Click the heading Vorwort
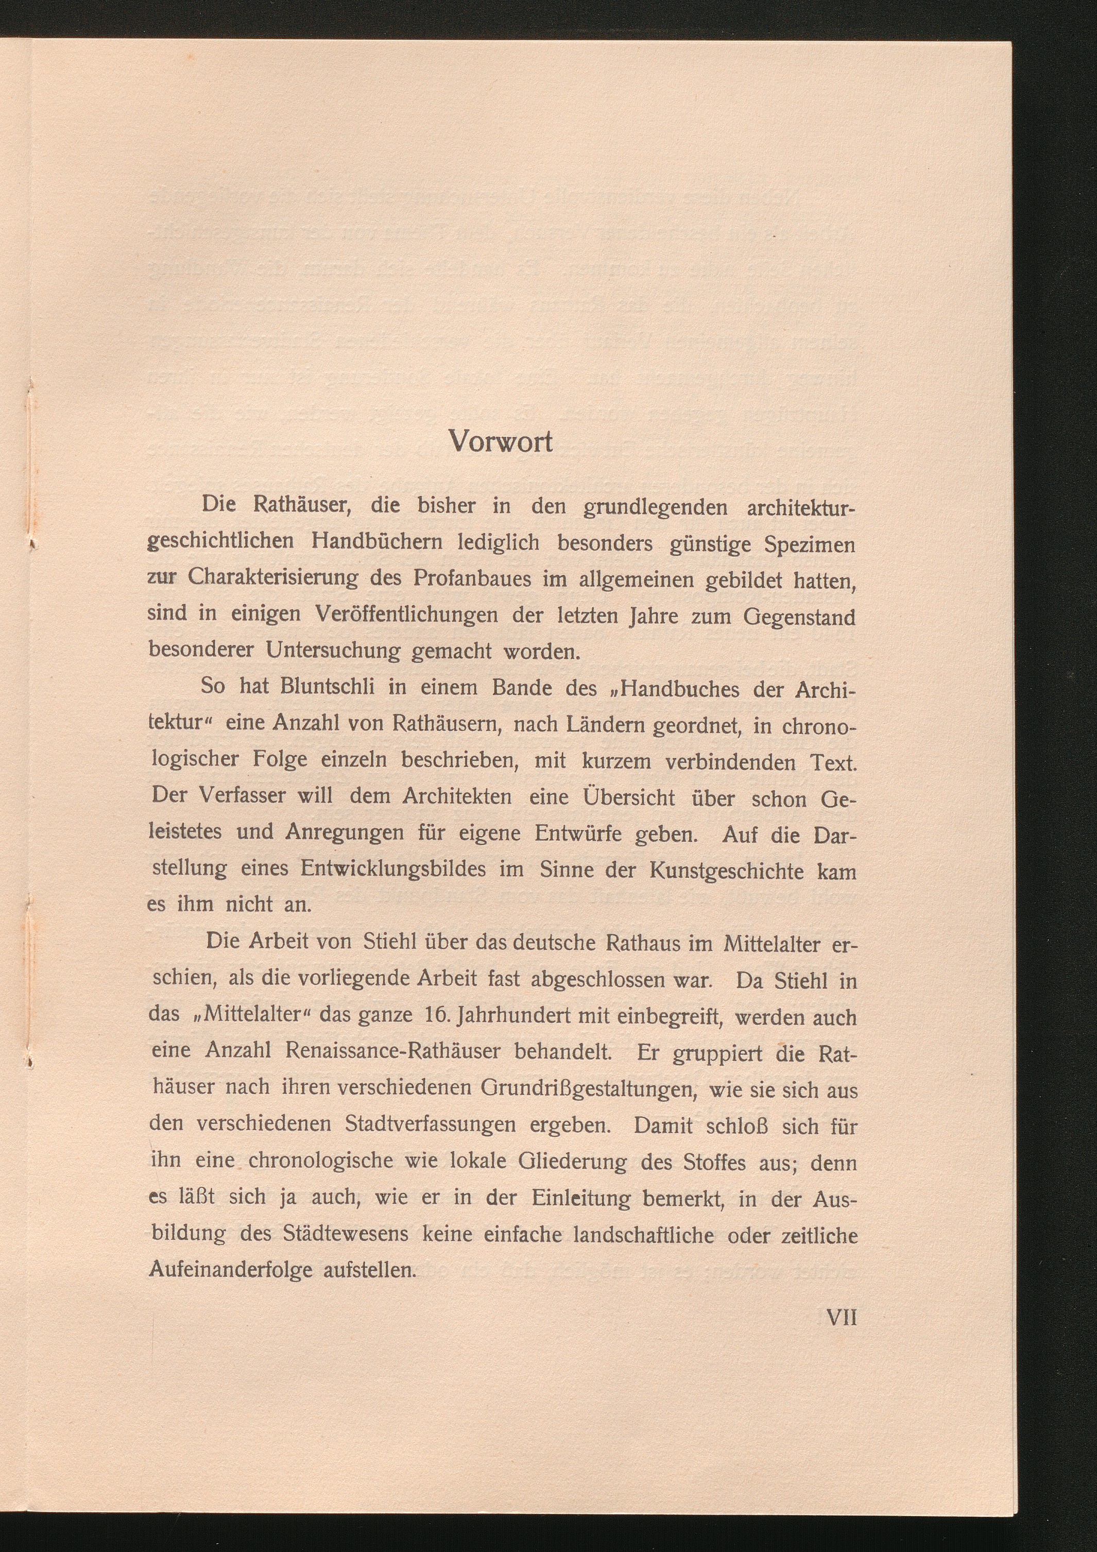pos(500,442)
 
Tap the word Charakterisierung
pos(273,578)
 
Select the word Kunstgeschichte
pos(727,871)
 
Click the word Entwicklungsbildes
pos(393,868)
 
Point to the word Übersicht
pos(629,797)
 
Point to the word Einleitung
pos(581,1198)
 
